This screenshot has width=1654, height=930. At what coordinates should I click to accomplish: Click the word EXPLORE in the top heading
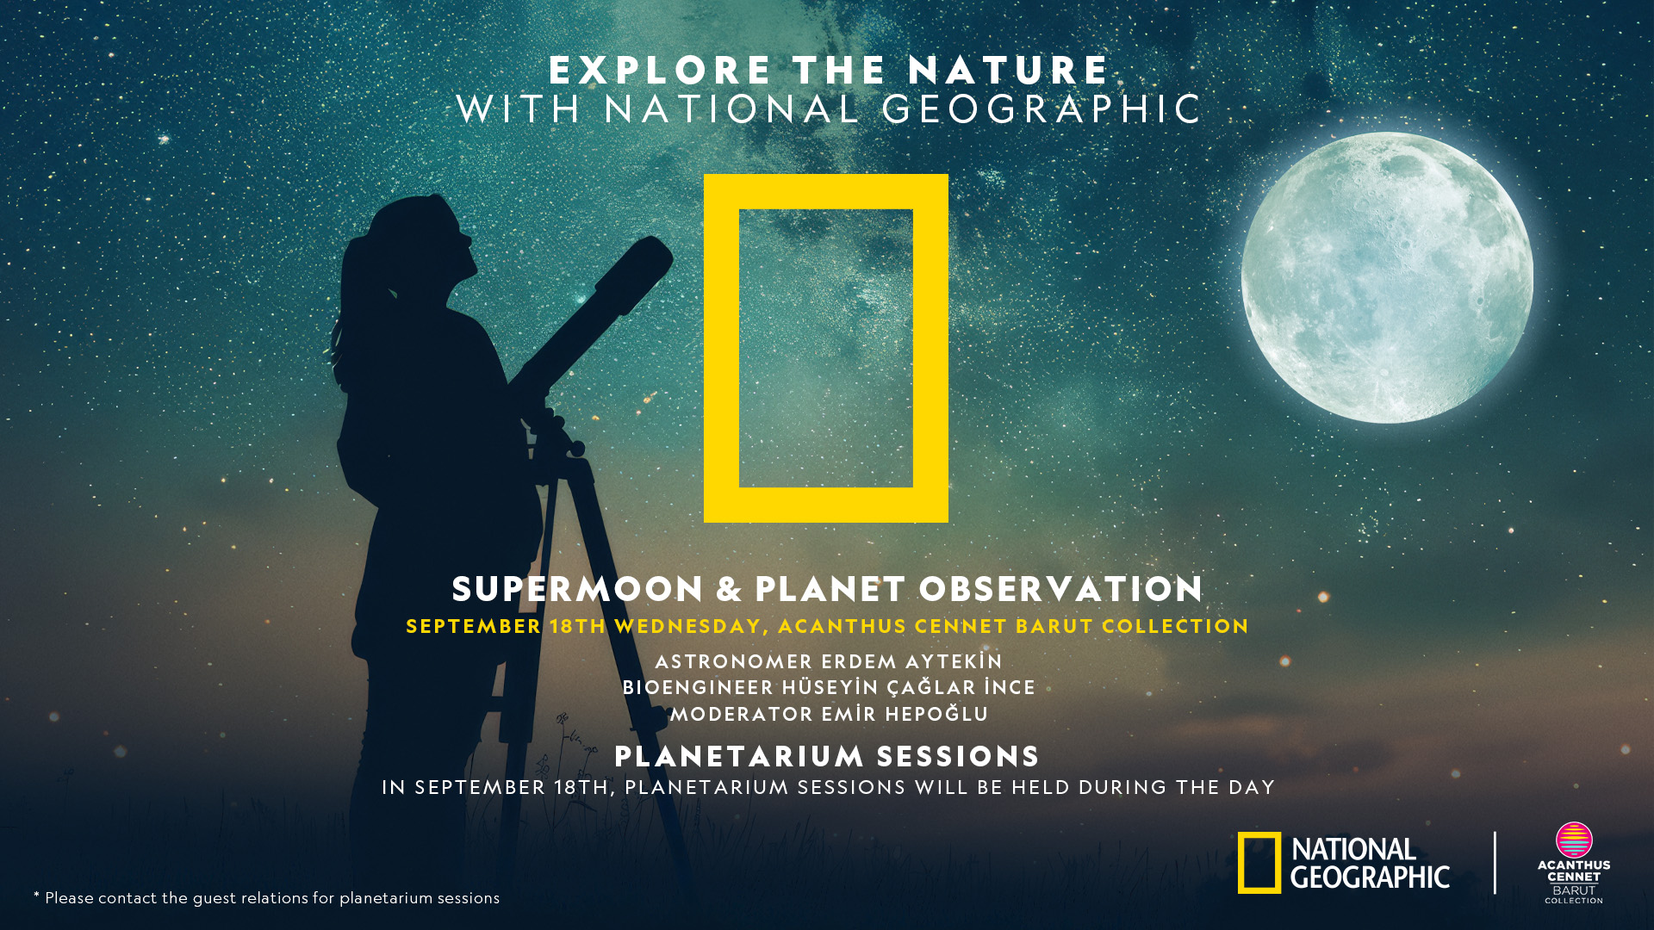pyautogui.click(x=660, y=71)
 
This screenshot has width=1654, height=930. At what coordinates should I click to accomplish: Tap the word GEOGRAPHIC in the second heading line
pyautogui.click(x=1042, y=109)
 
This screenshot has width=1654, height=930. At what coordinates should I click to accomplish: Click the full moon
pyautogui.click(x=1387, y=277)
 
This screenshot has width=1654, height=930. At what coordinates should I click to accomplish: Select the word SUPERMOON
pyautogui.click(x=578, y=589)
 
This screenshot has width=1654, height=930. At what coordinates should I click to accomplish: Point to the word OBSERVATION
pyautogui.click(x=1060, y=589)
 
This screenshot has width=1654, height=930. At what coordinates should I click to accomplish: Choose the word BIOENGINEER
pyautogui.click(x=698, y=688)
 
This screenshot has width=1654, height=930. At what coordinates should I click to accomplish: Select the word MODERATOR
pyautogui.click(x=742, y=715)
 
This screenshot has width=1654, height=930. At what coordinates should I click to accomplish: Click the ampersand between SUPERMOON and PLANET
pyautogui.click(x=729, y=589)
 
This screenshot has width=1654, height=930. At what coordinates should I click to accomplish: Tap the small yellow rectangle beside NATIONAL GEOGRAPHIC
pyautogui.click(x=1259, y=863)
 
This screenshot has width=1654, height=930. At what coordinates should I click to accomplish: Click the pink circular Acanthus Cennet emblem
pyautogui.click(x=1574, y=840)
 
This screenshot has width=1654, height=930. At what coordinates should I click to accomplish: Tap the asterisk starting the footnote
pyautogui.click(x=37, y=895)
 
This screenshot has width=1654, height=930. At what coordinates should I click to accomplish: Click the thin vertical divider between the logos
pyautogui.click(x=1495, y=863)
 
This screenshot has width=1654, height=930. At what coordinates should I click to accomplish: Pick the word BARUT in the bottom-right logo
pyautogui.click(x=1574, y=890)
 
